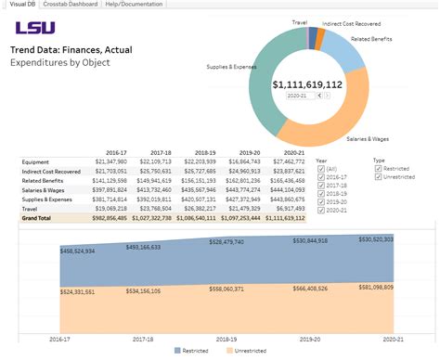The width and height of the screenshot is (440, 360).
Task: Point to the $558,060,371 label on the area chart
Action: point(226,289)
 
